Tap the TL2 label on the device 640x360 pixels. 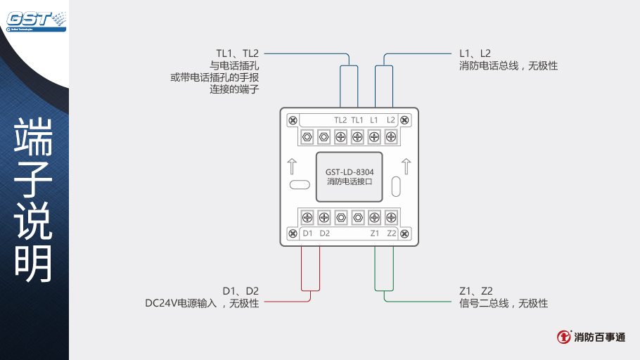point(340,120)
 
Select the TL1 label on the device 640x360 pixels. point(357,120)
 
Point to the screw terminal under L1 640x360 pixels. point(374,136)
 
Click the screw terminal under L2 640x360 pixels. point(391,136)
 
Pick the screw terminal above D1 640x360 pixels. point(307,217)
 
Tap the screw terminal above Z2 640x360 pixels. point(391,217)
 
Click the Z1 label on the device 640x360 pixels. point(374,233)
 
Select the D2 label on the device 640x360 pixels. point(324,233)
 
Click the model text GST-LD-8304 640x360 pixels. point(350,172)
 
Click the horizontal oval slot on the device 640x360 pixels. point(299,186)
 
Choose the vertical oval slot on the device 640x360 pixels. point(396,186)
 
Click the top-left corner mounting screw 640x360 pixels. point(292,120)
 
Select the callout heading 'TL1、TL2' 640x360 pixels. point(238,53)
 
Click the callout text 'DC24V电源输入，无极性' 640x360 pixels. point(202,304)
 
